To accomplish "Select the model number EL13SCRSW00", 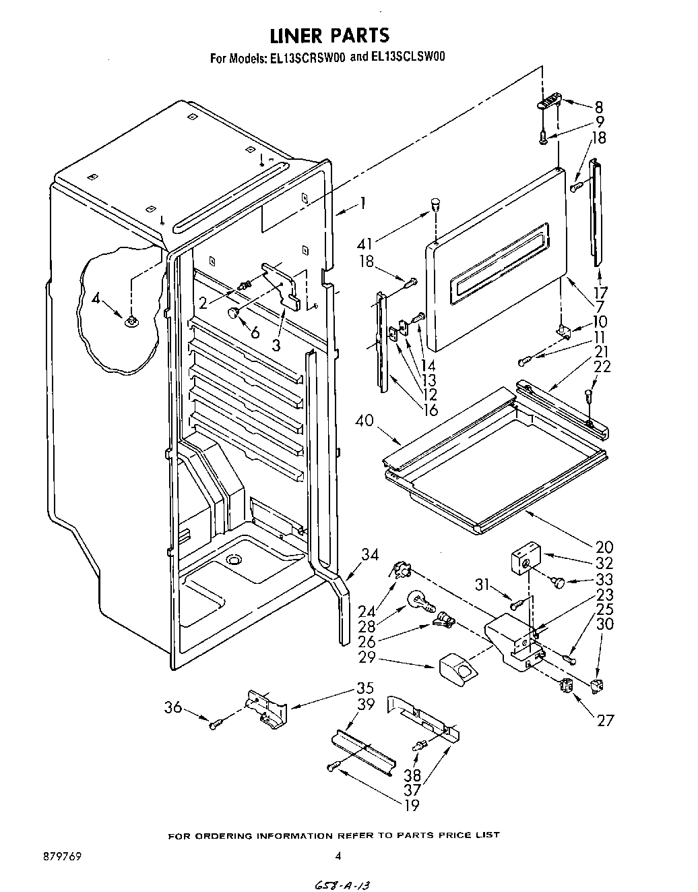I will pyautogui.click(x=308, y=58).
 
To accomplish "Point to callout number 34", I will pyautogui.click(x=370, y=555).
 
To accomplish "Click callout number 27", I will pyautogui.click(x=606, y=720).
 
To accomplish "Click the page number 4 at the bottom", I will pyautogui.click(x=338, y=856).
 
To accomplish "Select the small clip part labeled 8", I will pyautogui.click(x=548, y=101).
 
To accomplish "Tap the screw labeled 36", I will pyautogui.click(x=215, y=725).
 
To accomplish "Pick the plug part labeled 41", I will pyautogui.click(x=435, y=202).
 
